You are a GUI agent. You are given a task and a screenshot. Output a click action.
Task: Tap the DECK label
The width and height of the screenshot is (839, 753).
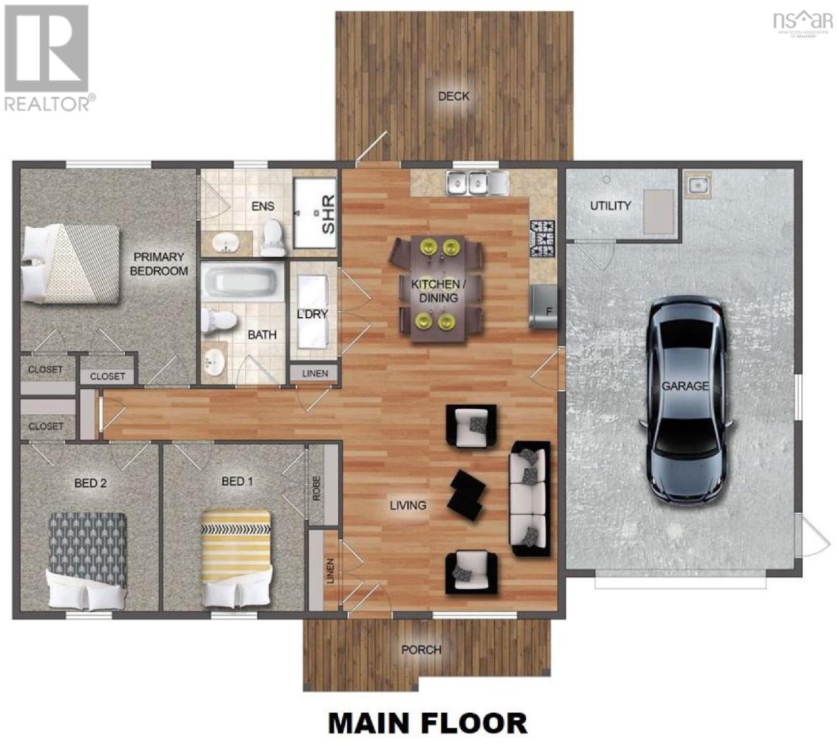453,96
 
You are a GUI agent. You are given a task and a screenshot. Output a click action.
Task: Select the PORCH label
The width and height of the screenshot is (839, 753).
421,649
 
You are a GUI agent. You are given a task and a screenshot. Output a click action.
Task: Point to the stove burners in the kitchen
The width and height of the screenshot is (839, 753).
543,238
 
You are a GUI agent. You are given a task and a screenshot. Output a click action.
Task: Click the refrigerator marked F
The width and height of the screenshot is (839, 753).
543,307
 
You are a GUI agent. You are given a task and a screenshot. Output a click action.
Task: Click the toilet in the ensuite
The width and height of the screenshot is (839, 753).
273,237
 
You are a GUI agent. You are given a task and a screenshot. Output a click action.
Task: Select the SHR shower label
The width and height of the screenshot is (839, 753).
328,214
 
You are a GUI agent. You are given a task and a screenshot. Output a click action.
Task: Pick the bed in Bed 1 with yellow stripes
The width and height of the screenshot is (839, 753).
236,558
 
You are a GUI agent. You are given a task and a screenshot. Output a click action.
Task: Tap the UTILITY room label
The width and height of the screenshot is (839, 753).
610,205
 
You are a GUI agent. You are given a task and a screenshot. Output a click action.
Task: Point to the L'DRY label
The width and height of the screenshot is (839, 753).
312,314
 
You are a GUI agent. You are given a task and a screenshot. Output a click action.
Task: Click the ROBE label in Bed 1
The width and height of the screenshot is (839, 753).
316,488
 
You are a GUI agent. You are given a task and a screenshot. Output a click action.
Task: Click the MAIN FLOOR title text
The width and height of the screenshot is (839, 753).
427,723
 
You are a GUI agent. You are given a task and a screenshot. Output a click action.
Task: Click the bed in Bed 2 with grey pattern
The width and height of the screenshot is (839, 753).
88,560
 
